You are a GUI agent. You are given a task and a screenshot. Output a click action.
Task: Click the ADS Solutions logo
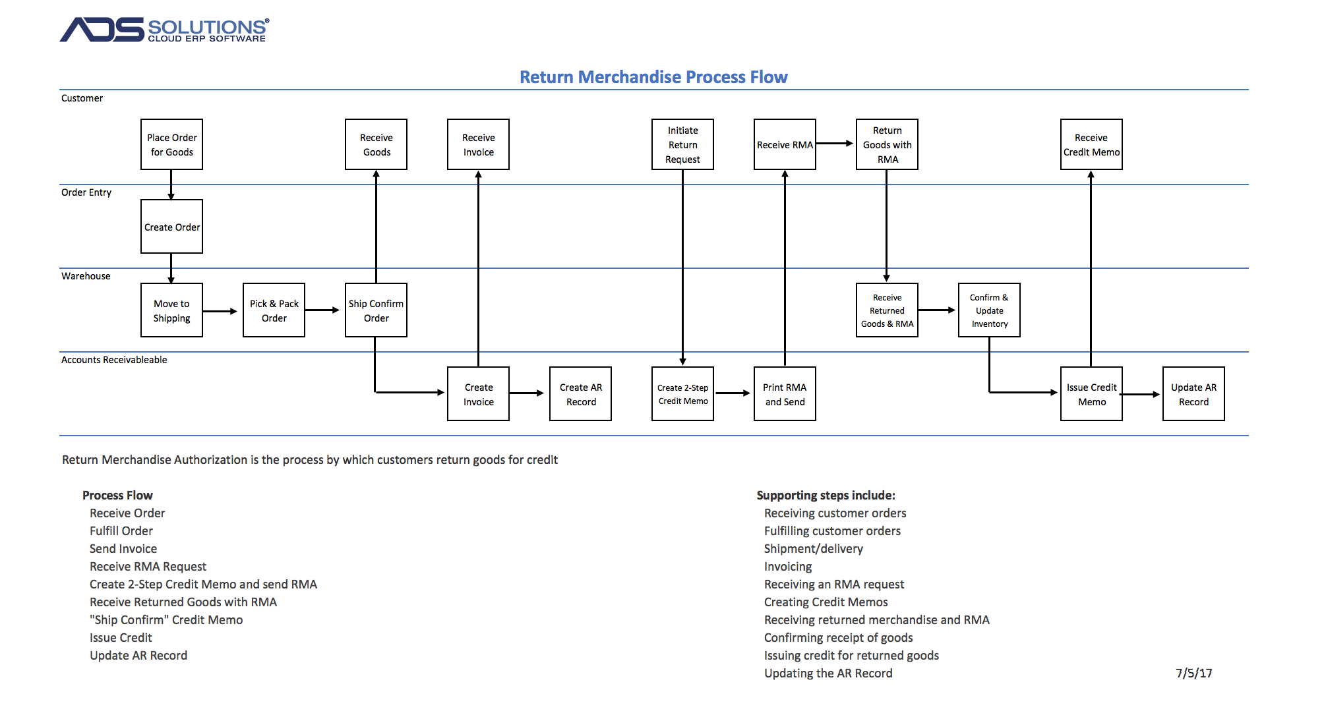[x=164, y=30]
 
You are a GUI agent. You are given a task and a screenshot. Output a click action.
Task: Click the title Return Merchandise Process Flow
[x=653, y=77]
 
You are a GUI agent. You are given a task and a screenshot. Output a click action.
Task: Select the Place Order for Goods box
[x=171, y=144]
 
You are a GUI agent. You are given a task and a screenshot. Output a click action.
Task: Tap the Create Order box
[x=171, y=227]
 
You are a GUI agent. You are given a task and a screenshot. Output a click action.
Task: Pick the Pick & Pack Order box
[x=274, y=310]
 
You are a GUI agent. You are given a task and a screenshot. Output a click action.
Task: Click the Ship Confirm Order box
[x=376, y=310]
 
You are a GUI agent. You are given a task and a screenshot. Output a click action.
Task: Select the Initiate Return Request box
[x=682, y=144]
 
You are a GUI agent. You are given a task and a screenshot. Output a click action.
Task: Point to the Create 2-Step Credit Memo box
[x=682, y=394]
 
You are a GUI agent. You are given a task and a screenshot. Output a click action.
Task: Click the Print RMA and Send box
[x=785, y=394]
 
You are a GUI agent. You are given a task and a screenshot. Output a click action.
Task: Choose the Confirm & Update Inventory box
[x=989, y=310]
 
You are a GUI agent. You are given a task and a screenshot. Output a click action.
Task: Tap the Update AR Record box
[x=1193, y=394]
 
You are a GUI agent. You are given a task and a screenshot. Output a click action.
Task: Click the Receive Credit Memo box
[x=1091, y=144]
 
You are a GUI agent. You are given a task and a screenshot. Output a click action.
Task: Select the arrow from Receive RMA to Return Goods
[x=835, y=143]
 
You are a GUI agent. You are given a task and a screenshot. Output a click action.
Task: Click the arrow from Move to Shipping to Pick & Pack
[x=220, y=311]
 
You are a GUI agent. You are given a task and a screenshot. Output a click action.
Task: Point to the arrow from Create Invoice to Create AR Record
[x=527, y=393]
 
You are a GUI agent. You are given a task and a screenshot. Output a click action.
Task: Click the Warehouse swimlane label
[x=86, y=276]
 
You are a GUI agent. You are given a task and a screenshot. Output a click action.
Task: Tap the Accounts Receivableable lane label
[x=114, y=360]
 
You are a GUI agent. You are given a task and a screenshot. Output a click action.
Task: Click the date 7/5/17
[x=1193, y=673]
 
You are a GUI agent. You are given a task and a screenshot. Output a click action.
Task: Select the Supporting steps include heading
[x=826, y=495]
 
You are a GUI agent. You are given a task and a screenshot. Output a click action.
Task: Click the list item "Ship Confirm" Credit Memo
[x=166, y=619]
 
